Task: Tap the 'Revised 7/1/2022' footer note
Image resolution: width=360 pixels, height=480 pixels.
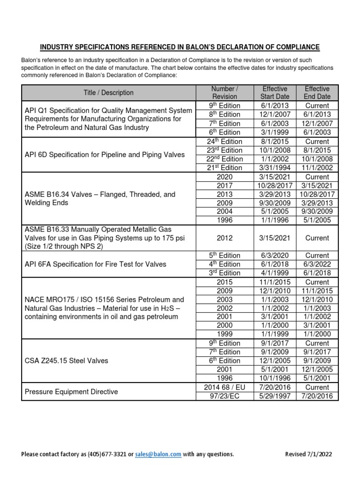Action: (x=310, y=454)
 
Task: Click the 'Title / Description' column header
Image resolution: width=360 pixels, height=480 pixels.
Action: (x=108, y=93)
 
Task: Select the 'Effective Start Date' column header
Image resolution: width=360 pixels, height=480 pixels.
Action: (x=275, y=93)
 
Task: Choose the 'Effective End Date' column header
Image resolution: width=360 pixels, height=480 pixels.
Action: (x=317, y=93)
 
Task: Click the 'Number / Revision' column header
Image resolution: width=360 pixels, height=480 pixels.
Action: (x=225, y=93)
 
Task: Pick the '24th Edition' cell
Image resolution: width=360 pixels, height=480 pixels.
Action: (x=225, y=141)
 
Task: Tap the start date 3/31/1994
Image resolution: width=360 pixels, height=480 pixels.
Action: (x=275, y=168)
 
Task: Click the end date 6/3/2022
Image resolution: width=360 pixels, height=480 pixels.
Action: (x=317, y=264)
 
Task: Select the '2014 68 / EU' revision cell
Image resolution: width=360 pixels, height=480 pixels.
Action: (x=225, y=388)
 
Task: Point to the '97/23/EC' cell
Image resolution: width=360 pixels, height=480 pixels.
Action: (x=225, y=397)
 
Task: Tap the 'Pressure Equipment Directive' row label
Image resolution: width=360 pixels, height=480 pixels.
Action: (x=71, y=392)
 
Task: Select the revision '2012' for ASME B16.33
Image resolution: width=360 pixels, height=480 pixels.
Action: (x=225, y=238)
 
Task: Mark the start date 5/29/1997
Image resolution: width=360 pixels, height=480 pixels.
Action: (x=275, y=397)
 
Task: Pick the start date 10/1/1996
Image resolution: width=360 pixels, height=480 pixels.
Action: (x=275, y=379)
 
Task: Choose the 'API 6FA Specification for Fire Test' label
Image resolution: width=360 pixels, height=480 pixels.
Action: (x=95, y=264)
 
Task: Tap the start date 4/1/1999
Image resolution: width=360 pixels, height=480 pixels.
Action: (x=275, y=273)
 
